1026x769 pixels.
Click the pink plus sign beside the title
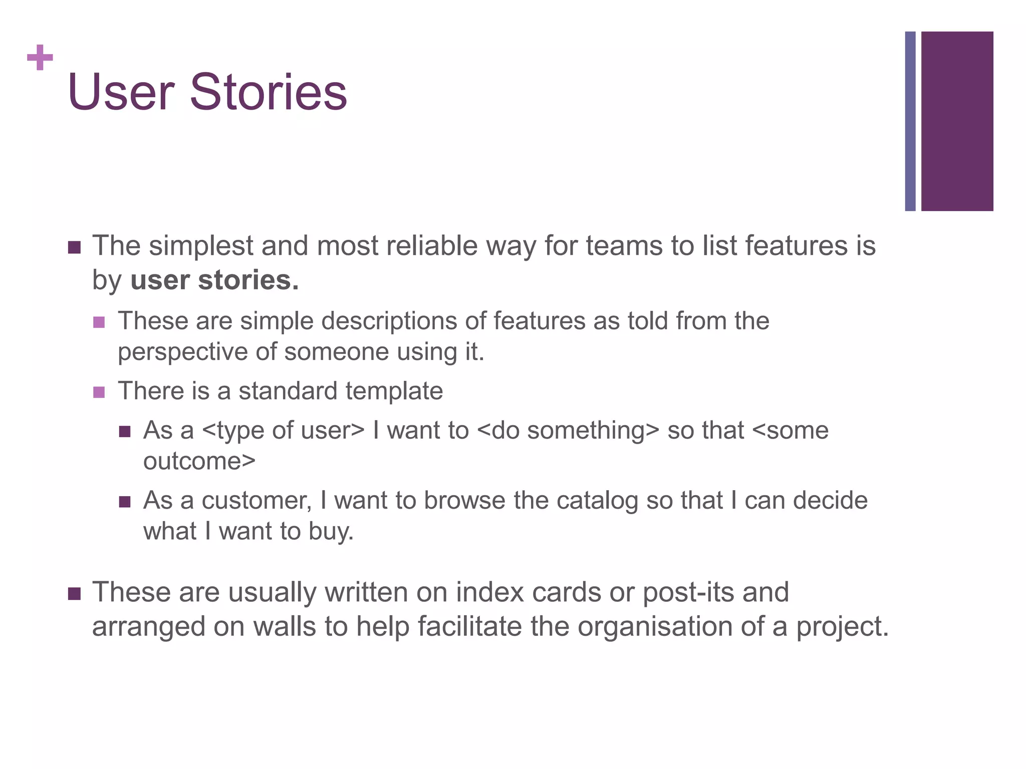coord(40,58)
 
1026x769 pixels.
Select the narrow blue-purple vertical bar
coord(910,121)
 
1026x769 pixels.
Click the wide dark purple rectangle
coord(957,121)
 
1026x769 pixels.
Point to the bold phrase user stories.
coord(214,280)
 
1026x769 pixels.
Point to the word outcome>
coord(199,461)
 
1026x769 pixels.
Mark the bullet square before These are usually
coord(74,594)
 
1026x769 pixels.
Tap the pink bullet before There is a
coord(99,392)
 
